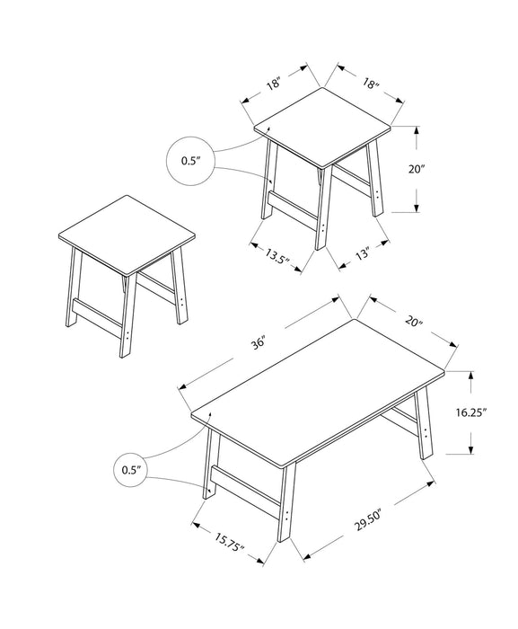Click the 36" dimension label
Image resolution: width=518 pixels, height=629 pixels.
259,343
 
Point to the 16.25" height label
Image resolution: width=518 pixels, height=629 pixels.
470,413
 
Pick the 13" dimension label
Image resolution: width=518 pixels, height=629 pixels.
363,254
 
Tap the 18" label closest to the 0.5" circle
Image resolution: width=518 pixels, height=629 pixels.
273,85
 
